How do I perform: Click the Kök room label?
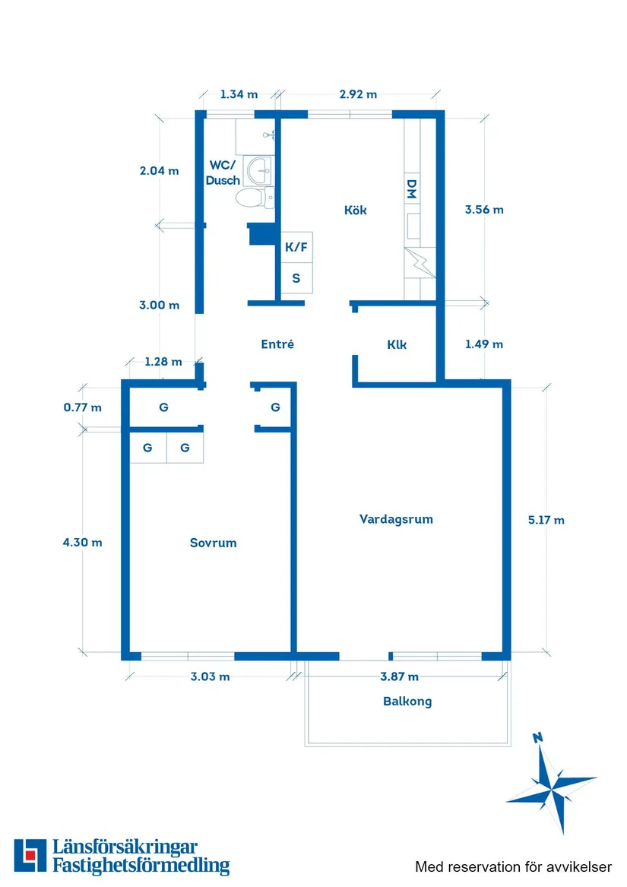pyautogui.click(x=355, y=210)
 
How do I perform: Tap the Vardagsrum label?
pyautogui.click(x=396, y=519)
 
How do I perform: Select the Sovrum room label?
pyautogui.click(x=213, y=543)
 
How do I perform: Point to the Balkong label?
pyautogui.click(x=407, y=701)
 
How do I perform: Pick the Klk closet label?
pyautogui.click(x=397, y=344)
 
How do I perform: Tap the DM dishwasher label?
pyautogui.click(x=411, y=189)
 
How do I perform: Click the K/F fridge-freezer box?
pyautogui.click(x=296, y=247)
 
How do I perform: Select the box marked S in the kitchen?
pyautogui.click(x=296, y=278)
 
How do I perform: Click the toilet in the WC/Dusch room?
pyautogui.click(x=252, y=199)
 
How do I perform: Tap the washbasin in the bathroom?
pyautogui.click(x=261, y=169)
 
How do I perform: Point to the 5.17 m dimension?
pyautogui.click(x=546, y=520)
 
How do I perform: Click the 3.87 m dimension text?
pyautogui.click(x=399, y=676)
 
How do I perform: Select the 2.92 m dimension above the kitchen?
pyautogui.click(x=358, y=94)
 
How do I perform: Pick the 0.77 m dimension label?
pyautogui.click(x=82, y=407)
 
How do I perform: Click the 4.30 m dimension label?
pyautogui.click(x=82, y=542)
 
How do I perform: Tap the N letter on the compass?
pyautogui.click(x=538, y=736)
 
